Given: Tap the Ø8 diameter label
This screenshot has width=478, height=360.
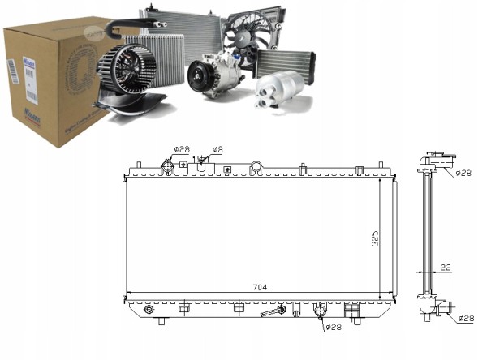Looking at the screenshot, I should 217,150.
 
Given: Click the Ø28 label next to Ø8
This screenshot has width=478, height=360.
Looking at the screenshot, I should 181,150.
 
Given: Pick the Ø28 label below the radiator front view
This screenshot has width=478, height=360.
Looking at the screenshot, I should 334,328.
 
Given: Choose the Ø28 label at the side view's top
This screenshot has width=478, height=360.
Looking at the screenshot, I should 463,173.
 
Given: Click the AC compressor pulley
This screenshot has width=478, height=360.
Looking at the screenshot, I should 200,79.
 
